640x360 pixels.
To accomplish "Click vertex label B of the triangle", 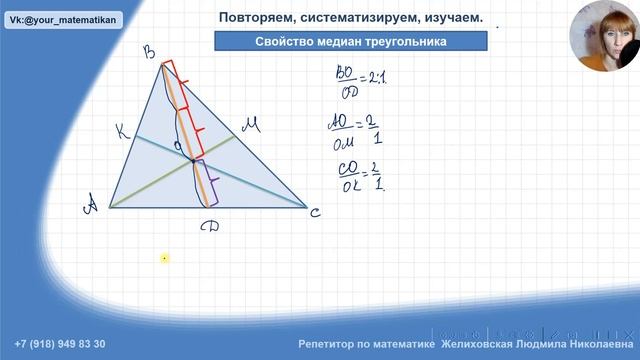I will pyautogui.click(x=151, y=53).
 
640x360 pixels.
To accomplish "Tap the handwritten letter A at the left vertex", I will pyautogui.click(x=91, y=206).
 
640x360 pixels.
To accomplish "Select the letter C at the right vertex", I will pyautogui.click(x=316, y=211).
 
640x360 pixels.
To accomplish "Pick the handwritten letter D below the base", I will pyautogui.click(x=209, y=229).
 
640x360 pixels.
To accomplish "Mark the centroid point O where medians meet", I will pyautogui.click(x=194, y=159).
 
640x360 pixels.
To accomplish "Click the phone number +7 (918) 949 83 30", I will pyautogui.click(x=60, y=344).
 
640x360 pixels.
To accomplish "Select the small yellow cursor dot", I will pyautogui.click(x=164, y=258).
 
